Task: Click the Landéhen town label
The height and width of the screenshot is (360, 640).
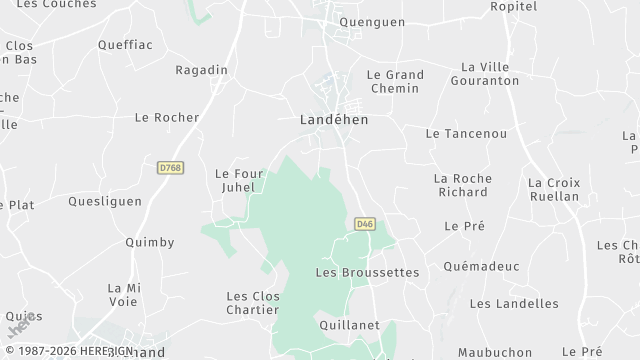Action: point(334,119)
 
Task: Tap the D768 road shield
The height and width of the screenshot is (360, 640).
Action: point(169,169)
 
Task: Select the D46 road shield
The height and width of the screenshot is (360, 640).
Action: point(364,225)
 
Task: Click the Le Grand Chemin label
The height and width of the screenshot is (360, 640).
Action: point(395,82)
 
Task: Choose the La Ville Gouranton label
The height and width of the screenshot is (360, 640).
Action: point(490,73)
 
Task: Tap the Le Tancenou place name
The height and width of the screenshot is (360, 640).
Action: point(465,133)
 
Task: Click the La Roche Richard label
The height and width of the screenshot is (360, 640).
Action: point(463,185)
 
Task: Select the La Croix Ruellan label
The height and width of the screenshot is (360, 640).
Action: point(553,190)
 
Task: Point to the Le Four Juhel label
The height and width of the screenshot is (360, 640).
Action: point(239,180)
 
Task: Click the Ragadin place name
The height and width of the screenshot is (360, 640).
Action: point(202,70)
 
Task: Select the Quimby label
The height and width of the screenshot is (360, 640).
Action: point(150,242)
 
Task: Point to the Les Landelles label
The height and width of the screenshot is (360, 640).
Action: point(514,303)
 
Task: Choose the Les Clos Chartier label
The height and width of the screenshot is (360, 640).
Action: point(252,302)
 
